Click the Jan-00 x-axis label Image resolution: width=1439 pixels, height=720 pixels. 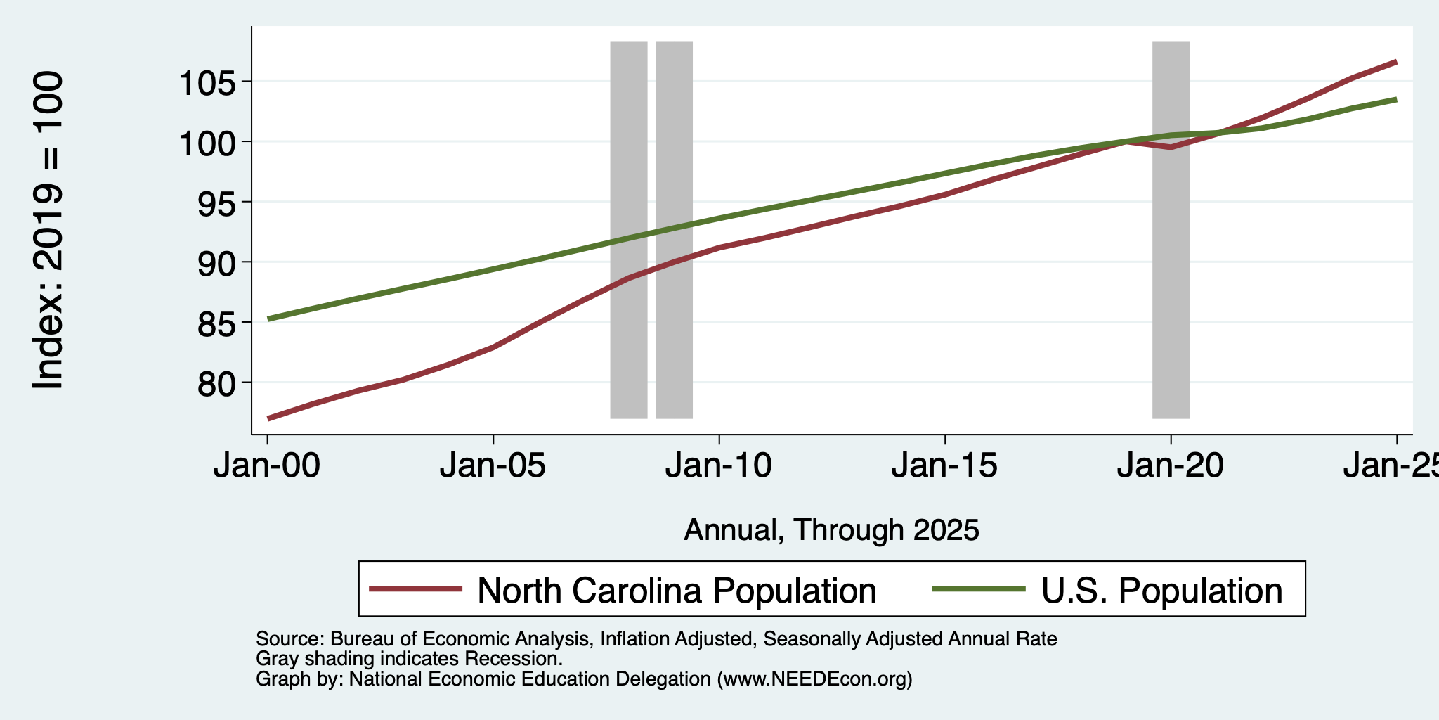click(267, 466)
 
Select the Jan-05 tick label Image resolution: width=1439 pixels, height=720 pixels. click(493, 466)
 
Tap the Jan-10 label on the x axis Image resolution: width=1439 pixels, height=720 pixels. click(719, 466)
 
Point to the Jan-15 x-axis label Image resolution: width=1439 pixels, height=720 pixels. click(945, 466)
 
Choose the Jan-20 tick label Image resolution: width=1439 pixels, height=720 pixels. click(1171, 466)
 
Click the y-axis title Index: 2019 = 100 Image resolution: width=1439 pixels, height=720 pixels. click(49, 231)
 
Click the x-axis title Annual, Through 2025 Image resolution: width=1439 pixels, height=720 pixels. click(832, 530)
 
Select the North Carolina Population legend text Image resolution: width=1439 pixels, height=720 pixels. click(677, 591)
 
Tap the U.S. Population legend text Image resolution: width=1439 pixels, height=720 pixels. click(1162, 591)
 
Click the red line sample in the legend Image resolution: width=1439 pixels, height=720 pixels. click(416, 589)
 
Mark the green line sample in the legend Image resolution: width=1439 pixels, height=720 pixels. click(979, 589)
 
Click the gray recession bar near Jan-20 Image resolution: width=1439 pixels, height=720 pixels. click(1171, 230)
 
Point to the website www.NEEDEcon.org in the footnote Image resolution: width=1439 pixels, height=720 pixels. click(815, 679)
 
